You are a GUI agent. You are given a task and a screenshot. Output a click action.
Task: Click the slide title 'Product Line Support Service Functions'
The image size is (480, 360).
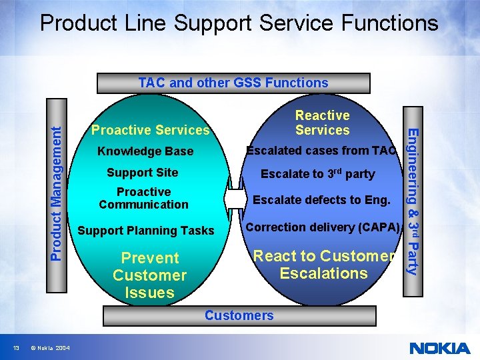[239, 23]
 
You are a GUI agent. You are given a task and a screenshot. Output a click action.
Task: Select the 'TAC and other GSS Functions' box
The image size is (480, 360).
[233, 83]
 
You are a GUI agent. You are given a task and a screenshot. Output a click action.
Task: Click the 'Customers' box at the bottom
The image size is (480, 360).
[239, 315]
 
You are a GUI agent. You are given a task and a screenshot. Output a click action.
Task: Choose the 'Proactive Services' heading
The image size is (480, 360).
[150, 130]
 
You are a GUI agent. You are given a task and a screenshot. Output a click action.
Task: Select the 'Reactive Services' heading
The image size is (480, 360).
[322, 123]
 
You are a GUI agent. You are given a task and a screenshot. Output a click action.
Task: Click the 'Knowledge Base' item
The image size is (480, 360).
[145, 151]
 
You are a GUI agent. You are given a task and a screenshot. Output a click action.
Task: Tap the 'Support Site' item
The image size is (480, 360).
[143, 173]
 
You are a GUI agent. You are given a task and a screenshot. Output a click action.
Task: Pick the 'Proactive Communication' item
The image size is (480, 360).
[143, 198]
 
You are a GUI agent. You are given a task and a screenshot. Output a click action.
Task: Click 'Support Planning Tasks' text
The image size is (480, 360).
[146, 231]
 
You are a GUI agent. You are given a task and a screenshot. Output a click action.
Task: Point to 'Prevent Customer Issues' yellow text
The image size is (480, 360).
[149, 275]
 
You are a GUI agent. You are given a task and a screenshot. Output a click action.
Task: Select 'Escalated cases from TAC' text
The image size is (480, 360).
[321, 151]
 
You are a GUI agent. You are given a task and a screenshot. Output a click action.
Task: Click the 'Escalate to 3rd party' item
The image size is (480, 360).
[317, 174]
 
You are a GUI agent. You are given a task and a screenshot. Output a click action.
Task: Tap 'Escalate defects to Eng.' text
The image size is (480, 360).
[321, 199]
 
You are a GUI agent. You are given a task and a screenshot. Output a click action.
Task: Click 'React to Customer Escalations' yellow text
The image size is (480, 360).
[324, 265]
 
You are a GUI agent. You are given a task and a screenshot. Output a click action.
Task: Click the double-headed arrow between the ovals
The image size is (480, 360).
[235, 199]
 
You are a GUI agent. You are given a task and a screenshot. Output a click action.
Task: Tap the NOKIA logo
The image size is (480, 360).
[439, 348]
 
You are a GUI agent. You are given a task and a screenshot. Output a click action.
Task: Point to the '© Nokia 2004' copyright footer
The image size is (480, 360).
[49, 348]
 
